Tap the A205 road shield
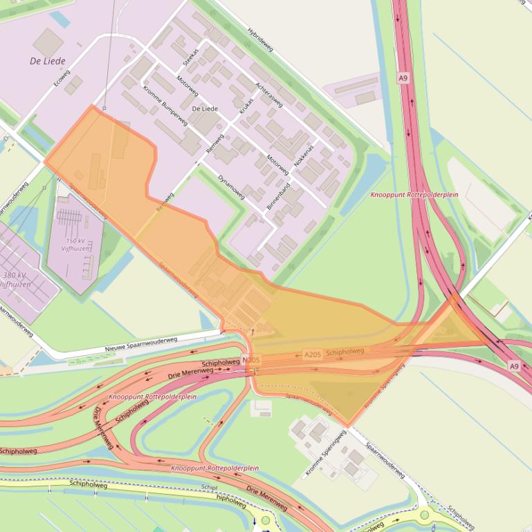click(x=313, y=354)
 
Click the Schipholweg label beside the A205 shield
click(x=344, y=351)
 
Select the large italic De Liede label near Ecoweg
click(x=46, y=61)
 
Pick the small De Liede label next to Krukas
click(x=205, y=108)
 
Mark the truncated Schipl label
click(x=209, y=487)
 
